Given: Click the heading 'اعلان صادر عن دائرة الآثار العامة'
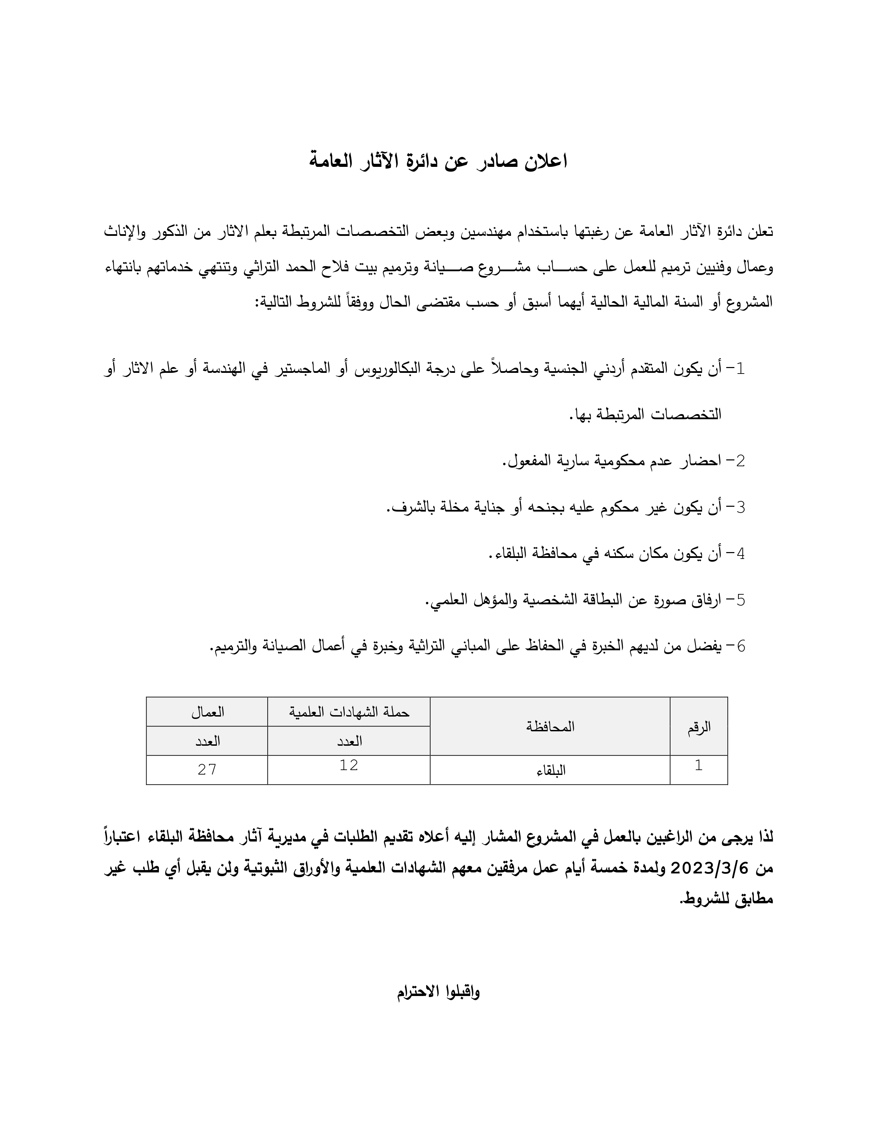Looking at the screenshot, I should coord(438,161).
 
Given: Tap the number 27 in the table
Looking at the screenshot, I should coord(207,769).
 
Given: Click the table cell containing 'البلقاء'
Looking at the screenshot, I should coord(550,770).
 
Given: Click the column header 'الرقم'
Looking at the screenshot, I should coord(699,727).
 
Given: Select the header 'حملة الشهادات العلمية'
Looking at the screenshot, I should coord(349,712).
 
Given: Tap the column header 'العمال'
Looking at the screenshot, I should coord(207,712).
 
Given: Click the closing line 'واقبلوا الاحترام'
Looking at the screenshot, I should coord(438,993).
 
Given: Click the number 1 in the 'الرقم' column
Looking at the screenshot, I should coord(698,765).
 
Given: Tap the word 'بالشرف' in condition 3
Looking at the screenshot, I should coord(409,508).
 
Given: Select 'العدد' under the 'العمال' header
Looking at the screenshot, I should coord(207,741).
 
